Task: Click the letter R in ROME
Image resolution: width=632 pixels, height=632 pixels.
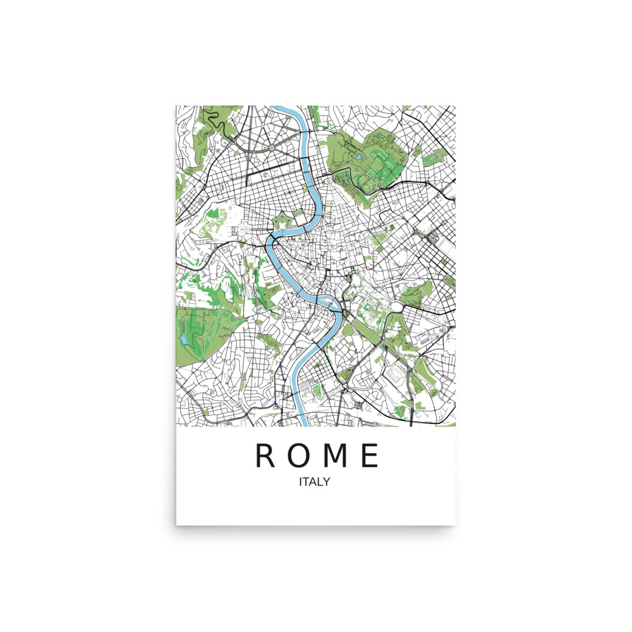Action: click(x=265, y=456)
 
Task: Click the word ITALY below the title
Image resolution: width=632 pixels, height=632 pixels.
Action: click(x=315, y=482)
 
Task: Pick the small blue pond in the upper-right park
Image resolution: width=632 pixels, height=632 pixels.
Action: click(x=358, y=155)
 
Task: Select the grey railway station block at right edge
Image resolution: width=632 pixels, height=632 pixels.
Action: click(x=435, y=239)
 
